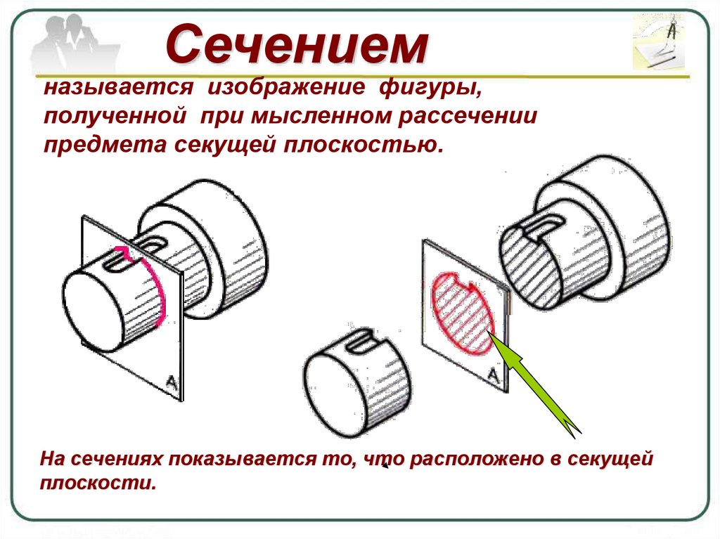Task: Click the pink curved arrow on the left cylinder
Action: pyautogui.click(x=160, y=288)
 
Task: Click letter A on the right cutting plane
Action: pyautogui.click(x=494, y=377)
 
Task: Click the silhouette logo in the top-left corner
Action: pyautogui.click(x=70, y=44)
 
